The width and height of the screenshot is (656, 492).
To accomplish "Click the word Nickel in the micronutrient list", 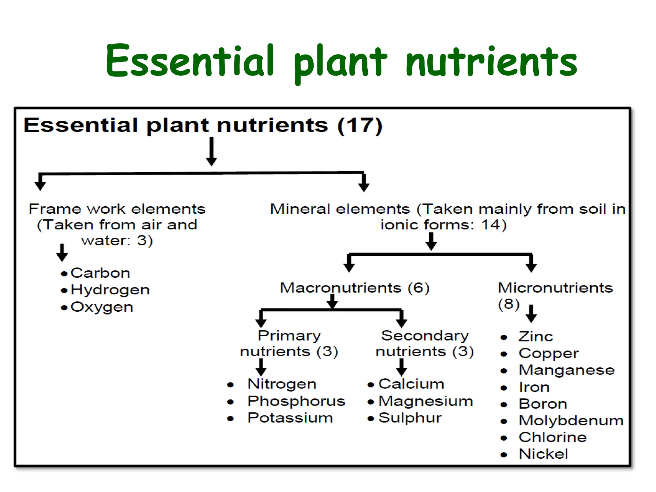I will pyautogui.click(x=543, y=454).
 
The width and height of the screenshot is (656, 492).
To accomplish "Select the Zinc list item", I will pyautogui.click(x=536, y=337).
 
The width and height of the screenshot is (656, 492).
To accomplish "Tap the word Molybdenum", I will pyautogui.click(x=571, y=421).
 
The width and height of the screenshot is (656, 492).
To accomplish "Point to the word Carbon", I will pyautogui.click(x=100, y=273).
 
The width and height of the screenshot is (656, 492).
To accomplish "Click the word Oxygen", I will pyautogui.click(x=102, y=307).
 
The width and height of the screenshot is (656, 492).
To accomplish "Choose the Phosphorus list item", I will pyautogui.click(x=296, y=401).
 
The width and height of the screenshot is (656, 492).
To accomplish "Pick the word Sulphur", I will pyautogui.click(x=410, y=418).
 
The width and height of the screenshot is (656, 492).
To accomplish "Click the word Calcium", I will pyautogui.click(x=411, y=384).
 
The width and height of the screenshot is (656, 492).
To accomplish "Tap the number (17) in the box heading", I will pyautogui.click(x=360, y=125).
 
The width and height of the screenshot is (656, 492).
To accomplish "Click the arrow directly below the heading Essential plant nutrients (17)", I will pyautogui.click(x=211, y=152).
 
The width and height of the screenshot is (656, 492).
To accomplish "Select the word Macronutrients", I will pyautogui.click(x=340, y=288).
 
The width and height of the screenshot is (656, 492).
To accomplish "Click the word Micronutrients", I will pyautogui.click(x=555, y=288).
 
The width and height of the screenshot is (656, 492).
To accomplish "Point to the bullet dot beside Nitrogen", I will pyautogui.click(x=230, y=385).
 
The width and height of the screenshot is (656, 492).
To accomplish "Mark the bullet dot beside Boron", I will pyautogui.click(x=504, y=405).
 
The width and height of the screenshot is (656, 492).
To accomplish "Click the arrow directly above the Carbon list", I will pyautogui.click(x=62, y=252).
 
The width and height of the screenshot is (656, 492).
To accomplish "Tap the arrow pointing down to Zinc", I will pyautogui.click(x=531, y=313).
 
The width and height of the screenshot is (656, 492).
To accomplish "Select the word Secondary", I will pyautogui.click(x=425, y=336).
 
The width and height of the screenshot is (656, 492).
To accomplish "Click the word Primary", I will pyautogui.click(x=289, y=336).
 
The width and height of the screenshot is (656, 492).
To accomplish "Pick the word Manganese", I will pyautogui.click(x=567, y=370).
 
